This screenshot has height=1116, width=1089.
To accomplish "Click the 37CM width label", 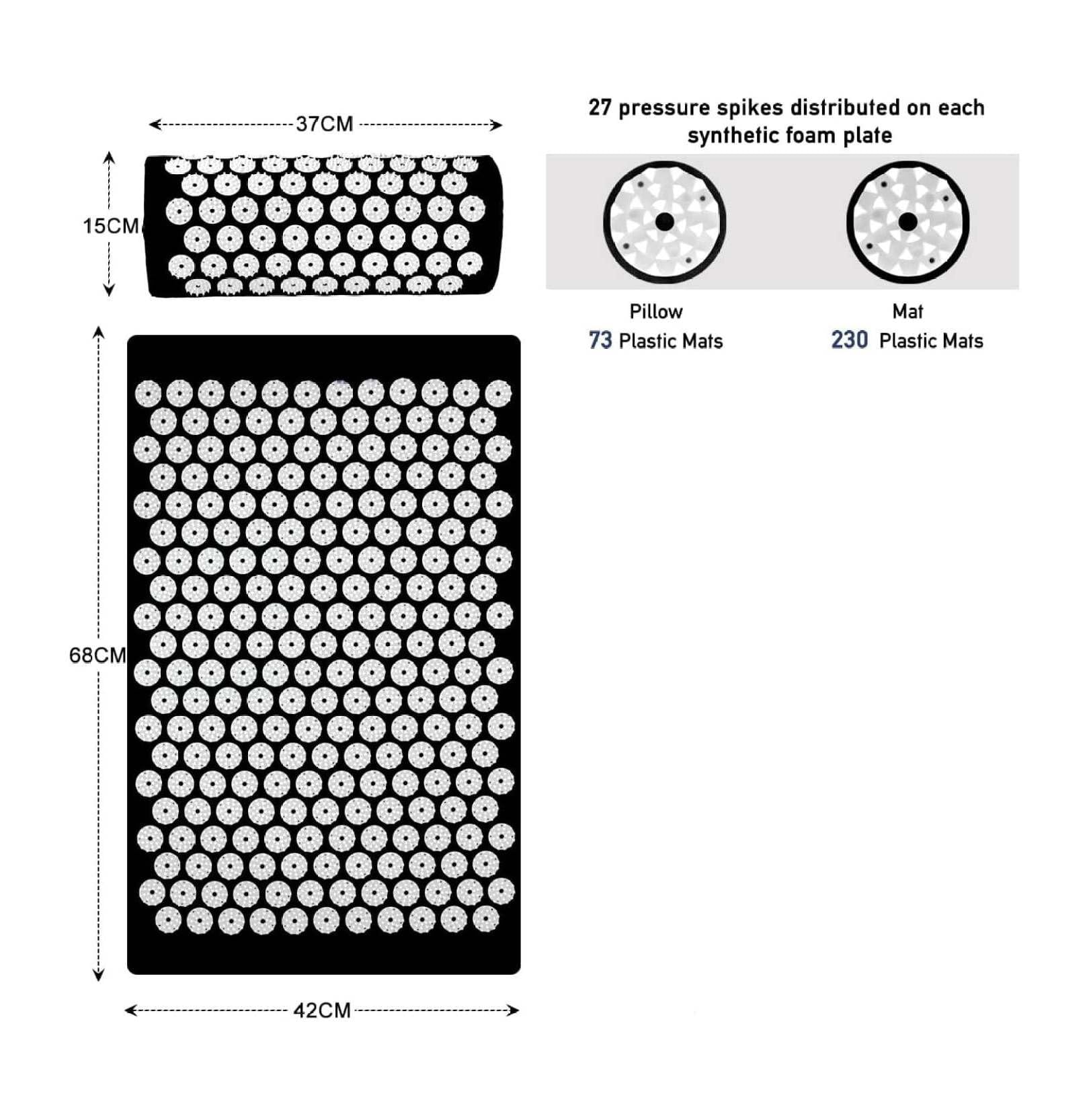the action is coord(325,124).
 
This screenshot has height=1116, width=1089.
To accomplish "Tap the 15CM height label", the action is coord(110,226).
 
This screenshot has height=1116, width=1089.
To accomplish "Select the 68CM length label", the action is coord(97,655).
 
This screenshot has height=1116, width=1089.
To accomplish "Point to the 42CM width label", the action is coord(322,1010).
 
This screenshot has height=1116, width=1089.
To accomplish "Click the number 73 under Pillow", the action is coord(600,340).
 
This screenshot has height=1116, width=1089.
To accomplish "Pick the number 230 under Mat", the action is coord(849,340).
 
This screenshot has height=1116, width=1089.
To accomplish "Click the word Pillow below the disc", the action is coord(655,311).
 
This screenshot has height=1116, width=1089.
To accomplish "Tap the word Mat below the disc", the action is coord(908,311).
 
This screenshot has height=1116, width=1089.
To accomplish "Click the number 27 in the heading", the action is coord(600,108).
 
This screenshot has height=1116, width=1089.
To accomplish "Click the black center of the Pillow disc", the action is coord(664,222).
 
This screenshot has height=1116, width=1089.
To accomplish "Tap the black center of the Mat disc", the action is coord(908,222).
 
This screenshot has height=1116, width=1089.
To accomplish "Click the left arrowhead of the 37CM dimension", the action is coord(152,124).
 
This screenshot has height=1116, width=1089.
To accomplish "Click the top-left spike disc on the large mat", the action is coord(148,393).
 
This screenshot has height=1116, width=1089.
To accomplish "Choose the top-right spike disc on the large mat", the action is coord(498,393).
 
